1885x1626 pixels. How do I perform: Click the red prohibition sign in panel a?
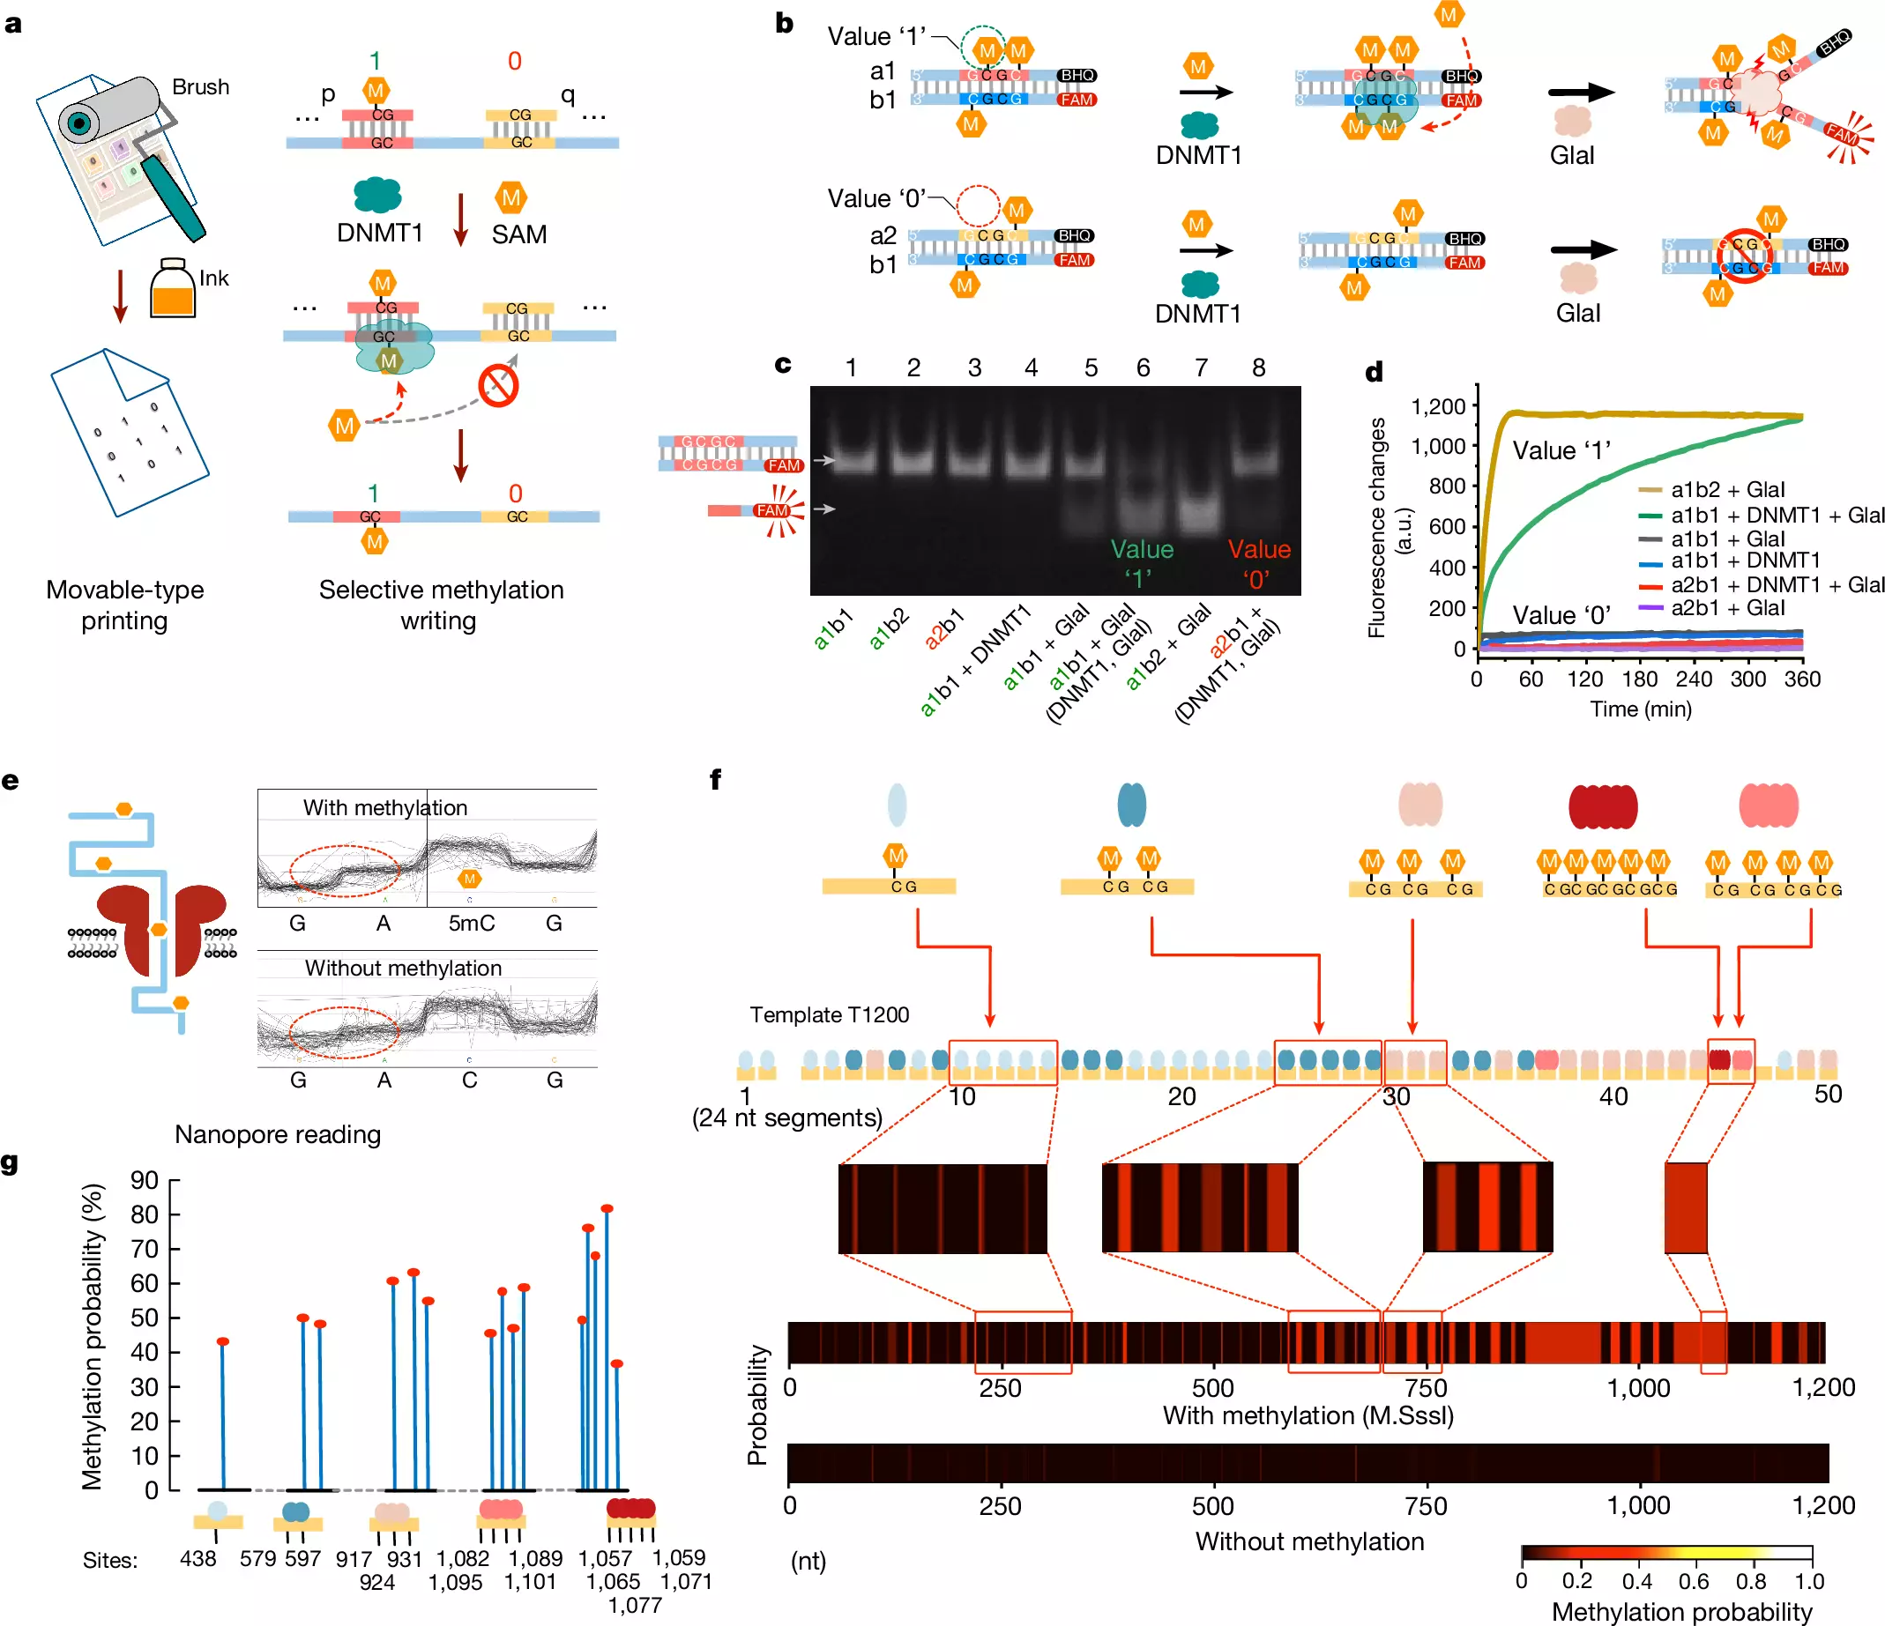(x=498, y=386)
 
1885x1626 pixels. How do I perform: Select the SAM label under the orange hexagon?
(x=519, y=234)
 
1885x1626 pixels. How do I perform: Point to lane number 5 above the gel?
(x=1091, y=368)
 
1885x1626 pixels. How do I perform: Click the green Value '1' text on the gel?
(x=1141, y=563)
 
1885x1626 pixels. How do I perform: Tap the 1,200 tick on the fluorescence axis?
(x=1438, y=405)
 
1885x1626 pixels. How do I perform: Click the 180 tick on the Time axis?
(x=1639, y=679)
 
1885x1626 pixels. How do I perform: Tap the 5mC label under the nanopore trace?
(x=471, y=923)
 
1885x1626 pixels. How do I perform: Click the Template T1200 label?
(x=829, y=1015)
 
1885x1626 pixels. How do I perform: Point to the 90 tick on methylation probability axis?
(x=145, y=1180)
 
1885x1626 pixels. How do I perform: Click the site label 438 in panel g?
(x=198, y=1559)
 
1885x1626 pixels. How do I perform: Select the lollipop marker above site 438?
(x=223, y=1341)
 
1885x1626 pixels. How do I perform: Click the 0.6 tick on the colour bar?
(x=1693, y=1581)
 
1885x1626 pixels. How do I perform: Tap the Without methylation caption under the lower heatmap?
(x=1309, y=1541)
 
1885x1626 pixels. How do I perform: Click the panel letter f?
(x=716, y=779)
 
